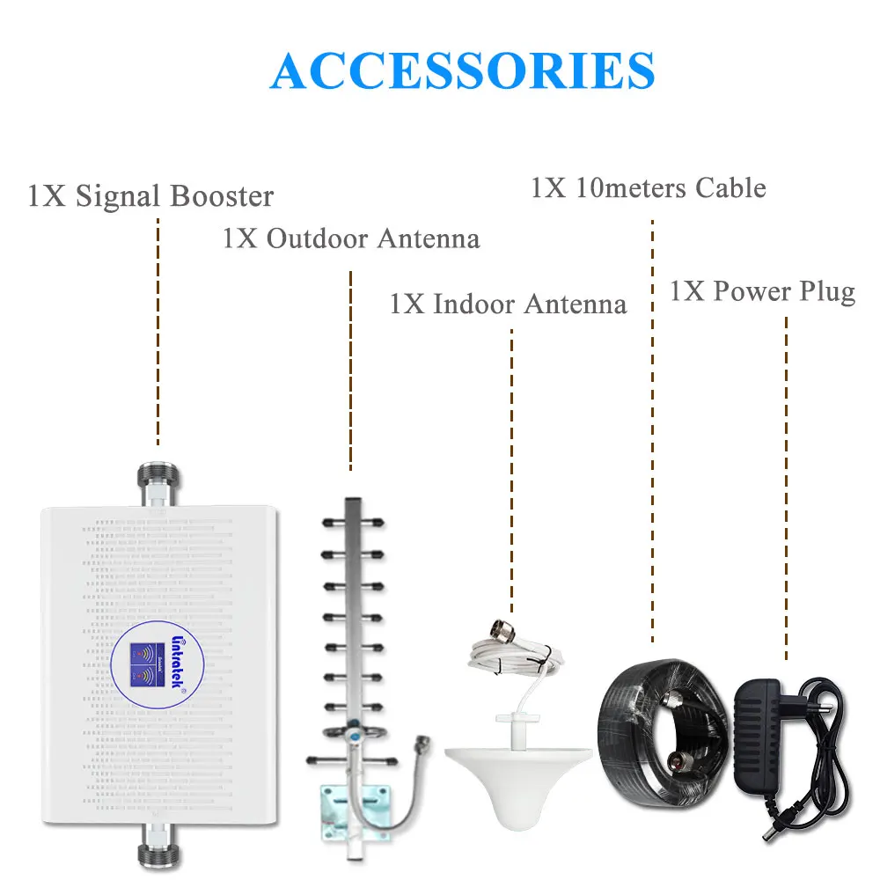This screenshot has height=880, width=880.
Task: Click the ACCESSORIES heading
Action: tap(463, 70)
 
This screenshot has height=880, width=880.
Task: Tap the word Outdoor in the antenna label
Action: tap(318, 238)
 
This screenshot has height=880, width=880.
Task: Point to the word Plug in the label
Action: tap(823, 291)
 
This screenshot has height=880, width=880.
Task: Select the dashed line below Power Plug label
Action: tap(786, 484)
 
